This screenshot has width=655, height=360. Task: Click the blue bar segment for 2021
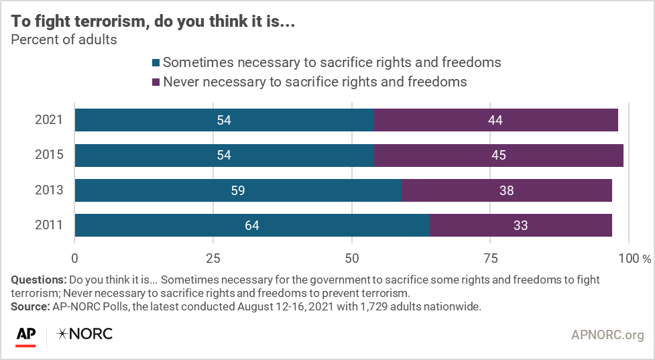click(224, 120)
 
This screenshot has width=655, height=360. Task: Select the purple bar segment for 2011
click(520, 225)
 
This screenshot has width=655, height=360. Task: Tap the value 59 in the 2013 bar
click(237, 190)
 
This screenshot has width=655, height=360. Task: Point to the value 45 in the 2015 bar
click(497, 156)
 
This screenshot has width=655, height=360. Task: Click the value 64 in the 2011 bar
click(251, 225)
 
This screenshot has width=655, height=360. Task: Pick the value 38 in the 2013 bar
click(506, 190)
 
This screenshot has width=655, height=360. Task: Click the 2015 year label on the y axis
click(49, 156)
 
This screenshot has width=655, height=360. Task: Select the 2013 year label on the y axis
click(49, 190)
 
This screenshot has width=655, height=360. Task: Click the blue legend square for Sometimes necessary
click(156, 63)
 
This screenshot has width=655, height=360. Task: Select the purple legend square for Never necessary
click(156, 82)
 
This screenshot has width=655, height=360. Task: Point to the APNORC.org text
click(607, 334)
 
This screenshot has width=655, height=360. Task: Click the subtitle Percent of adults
click(64, 40)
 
